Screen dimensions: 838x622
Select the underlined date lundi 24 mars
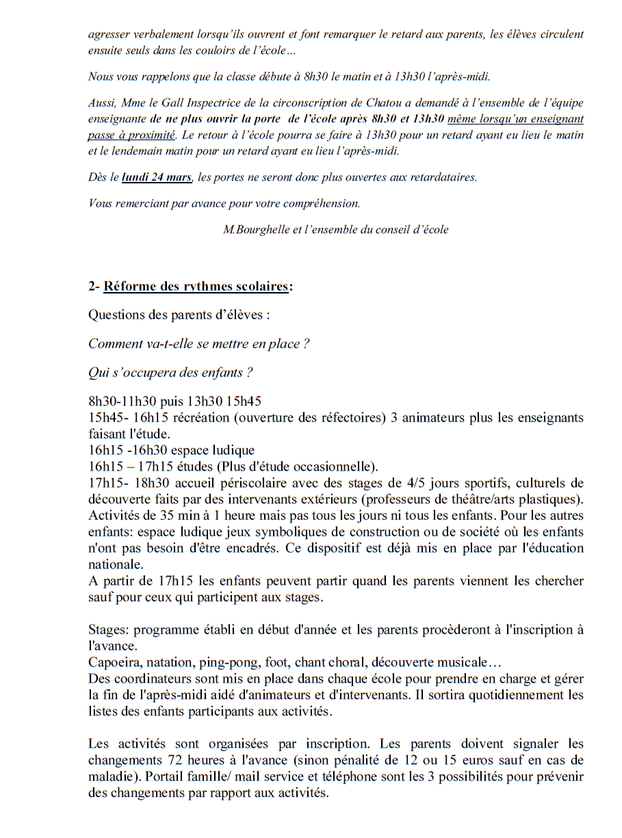pos(157,177)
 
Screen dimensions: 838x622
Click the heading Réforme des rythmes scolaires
pos(196,287)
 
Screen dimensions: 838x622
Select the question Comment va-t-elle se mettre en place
pos(198,344)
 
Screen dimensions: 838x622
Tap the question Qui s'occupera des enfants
pos(170,373)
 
